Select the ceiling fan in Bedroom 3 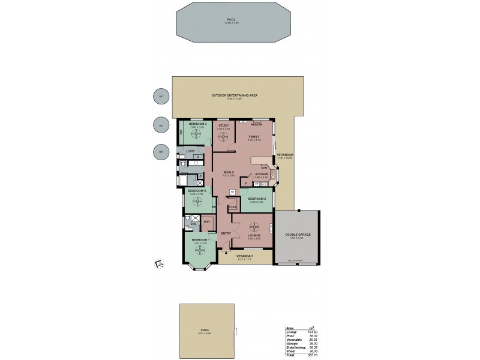click(193, 136)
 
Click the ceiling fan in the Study click(224, 137)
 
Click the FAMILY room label click(254, 136)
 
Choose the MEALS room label click(227, 173)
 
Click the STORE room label click(233, 207)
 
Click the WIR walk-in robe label click(206, 221)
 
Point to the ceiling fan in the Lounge click(253, 227)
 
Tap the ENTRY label click(226, 233)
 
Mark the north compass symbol click(160, 263)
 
